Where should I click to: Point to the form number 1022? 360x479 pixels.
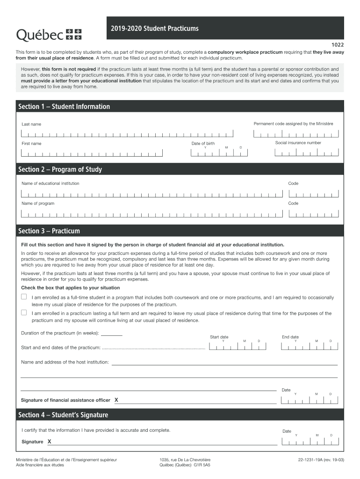tap(338, 44)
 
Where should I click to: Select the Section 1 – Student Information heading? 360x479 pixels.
tap(64, 107)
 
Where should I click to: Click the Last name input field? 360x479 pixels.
tap(126, 134)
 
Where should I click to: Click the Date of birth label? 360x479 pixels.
tap(203, 143)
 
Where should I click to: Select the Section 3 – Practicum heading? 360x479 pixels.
tap(49, 231)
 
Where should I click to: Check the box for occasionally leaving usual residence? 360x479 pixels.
tap(24, 297)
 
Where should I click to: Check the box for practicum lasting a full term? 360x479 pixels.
tap(24, 313)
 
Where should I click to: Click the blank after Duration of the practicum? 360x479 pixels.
tap(112, 334)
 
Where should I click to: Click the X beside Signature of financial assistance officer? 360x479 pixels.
tap(116, 400)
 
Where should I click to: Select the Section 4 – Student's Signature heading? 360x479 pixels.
tap(63, 415)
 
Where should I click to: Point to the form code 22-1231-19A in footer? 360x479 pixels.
tap(310, 460)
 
